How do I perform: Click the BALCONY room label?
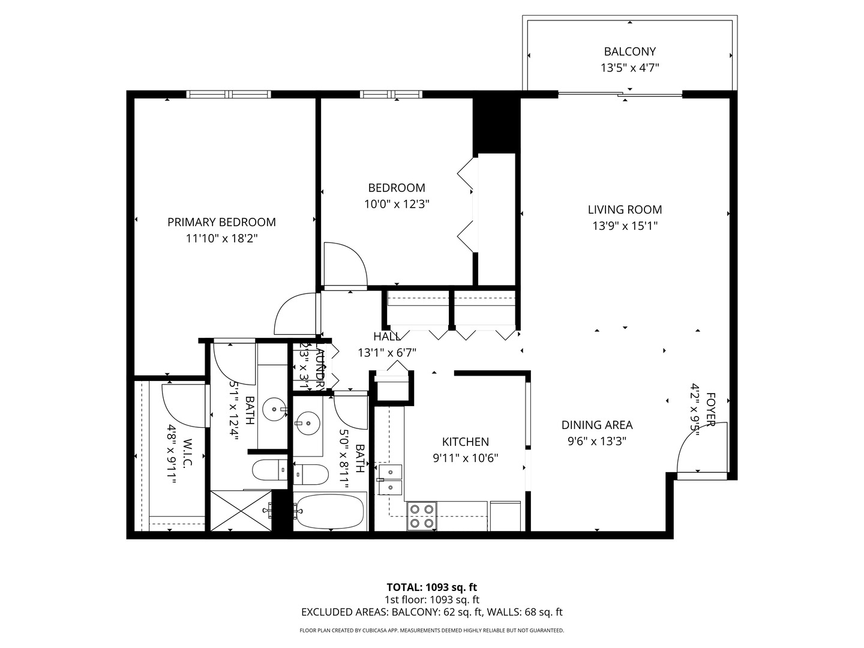(x=629, y=52)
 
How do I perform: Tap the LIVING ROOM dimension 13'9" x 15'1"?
(x=625, y=226)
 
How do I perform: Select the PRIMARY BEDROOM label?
(x=221, y=222)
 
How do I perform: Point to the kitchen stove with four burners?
(x=421, y=516)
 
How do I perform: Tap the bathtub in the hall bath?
(x=329, y=511)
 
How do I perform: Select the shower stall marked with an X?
(x=241, y=510)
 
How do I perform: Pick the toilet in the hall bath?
(x=311, y=475)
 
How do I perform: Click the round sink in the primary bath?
(x=275, y=409)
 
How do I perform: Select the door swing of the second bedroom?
(x=344, y=263)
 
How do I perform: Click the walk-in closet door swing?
(x=184, y=405)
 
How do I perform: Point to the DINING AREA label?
(x=597, y=425)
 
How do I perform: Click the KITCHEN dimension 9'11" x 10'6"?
(x=466, y=458)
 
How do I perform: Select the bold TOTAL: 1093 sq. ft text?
(x=431, y=587)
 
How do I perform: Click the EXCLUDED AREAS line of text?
(x=431, y=613)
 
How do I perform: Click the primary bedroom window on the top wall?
(x=229, y=94)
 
